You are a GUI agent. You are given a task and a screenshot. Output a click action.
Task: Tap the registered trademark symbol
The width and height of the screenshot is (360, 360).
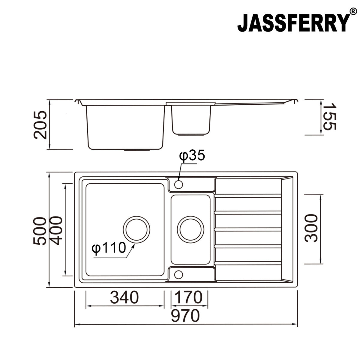[x=353, y=12]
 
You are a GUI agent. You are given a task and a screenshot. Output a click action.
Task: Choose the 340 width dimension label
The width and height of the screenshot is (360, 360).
[x=124, y=297]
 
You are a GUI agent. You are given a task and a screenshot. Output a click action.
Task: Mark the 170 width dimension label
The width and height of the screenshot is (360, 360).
[x=188, y=297]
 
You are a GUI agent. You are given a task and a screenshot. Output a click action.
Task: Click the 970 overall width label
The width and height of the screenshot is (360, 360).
[x=185, y=316]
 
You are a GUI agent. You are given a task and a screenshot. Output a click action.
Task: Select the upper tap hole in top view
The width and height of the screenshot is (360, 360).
[x=178, y=184]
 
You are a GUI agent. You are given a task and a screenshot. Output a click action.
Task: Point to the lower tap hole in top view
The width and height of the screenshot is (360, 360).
[x=178, y=274]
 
